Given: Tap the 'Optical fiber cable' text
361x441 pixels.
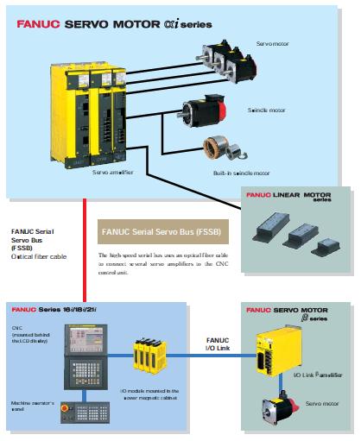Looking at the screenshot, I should (x=39, y=257).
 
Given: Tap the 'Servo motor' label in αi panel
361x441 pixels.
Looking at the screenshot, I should (x=273, y=42).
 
